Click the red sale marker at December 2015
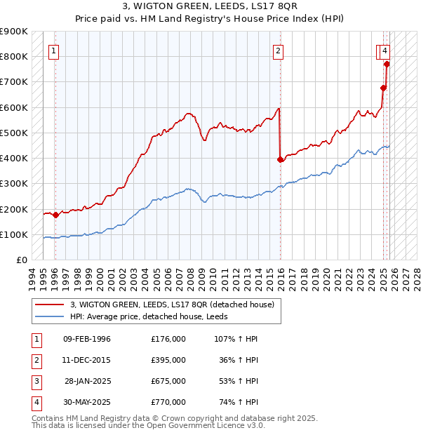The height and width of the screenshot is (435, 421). click(281, 159)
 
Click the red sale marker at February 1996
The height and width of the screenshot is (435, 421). click(55, 215)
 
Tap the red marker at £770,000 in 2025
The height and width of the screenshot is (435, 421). click(387, 64)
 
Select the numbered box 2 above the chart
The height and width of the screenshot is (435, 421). click(279, 50)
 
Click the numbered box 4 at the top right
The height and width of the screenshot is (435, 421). click(386, 50)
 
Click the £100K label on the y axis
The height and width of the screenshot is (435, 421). click(14, 234)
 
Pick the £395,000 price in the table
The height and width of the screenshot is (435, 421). click(168, 360)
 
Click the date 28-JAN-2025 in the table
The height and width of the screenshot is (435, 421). click(88, 381)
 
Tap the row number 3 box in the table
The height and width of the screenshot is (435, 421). click(35, 381)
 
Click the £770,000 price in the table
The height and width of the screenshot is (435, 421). click(168, 402)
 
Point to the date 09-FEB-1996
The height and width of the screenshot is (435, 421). click(87, 339)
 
